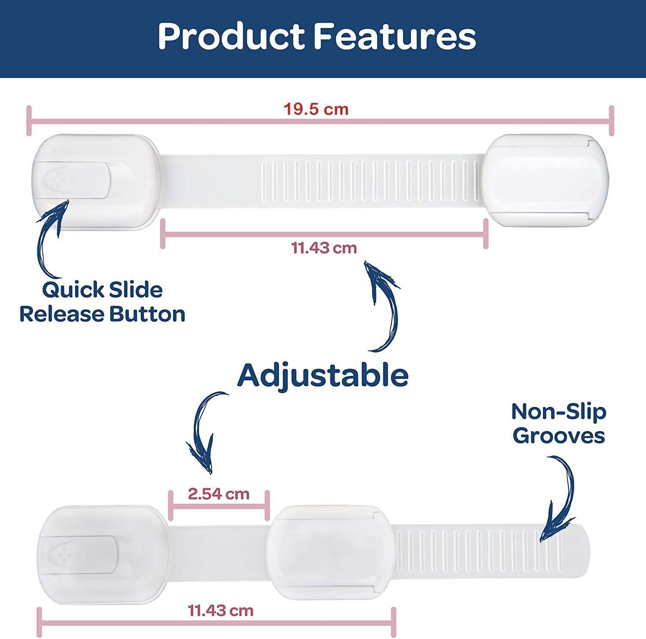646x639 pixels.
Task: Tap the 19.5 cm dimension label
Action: pyautogui.click(x=316, y=109)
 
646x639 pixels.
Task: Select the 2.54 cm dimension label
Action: pyautogui.click(x=219, y=493)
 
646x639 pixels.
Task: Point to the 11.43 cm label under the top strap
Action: pyautogui.click(x=324, y=248)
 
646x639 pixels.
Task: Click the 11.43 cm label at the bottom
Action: pyautogui.click(x=221, y=610)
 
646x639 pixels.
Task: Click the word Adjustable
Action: pyautogui.click(x=323, y=375)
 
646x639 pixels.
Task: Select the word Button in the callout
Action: pyautogui.click(x=147, y=314)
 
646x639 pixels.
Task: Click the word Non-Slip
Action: pyautogui.click(x=559, y=412)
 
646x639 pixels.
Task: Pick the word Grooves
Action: pyautogui.click(x=559, y=436)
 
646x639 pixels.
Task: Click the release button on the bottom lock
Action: pyautogui.click(x=82, y=555)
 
